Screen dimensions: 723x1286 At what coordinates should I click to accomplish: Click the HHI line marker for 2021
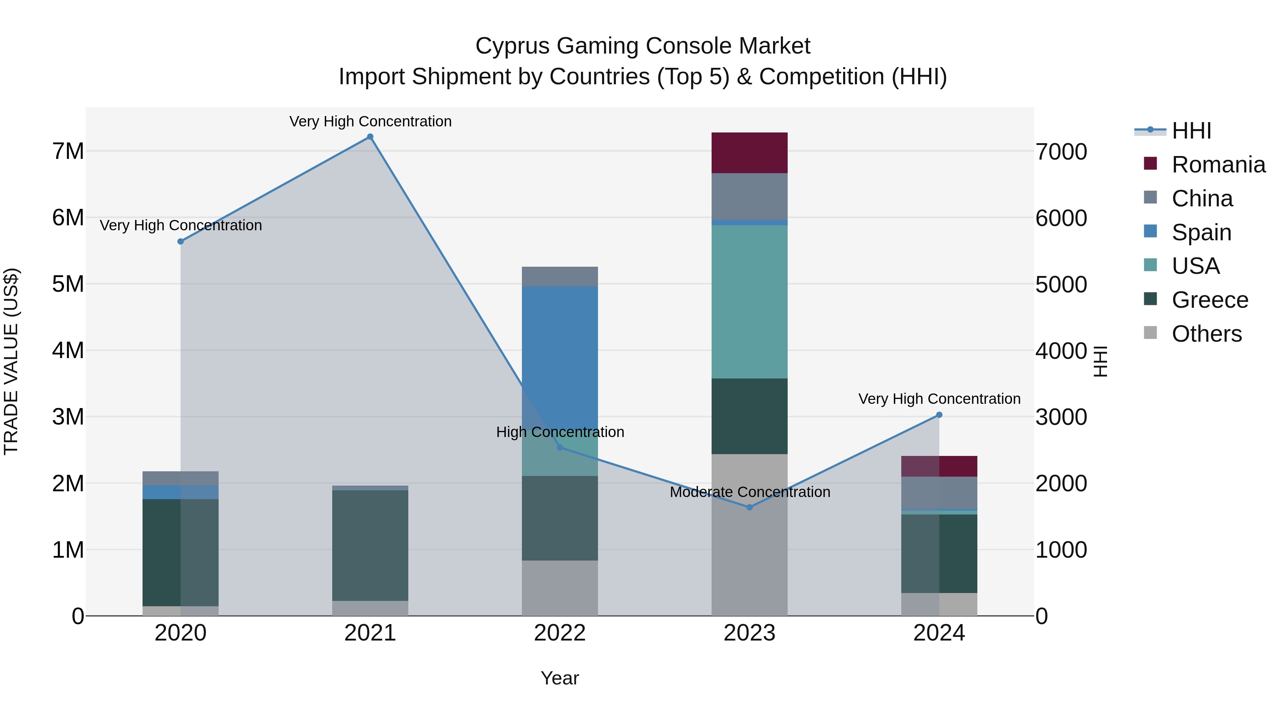pos(370,137)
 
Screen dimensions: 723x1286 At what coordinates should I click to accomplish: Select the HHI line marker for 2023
pos(749,507)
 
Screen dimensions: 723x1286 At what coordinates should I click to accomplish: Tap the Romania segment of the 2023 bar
pos(749,153)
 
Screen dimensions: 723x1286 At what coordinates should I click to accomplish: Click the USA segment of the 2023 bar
pos(749,301)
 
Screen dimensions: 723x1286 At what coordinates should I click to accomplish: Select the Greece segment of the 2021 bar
pos(370,545)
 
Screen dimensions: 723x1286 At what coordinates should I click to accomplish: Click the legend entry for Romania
pos(1218,165)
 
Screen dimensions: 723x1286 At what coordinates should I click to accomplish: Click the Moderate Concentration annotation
pos(750,492)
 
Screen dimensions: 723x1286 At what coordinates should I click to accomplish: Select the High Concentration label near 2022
pos(560,432)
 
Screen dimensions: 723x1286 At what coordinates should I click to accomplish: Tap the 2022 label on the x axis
pos(560,633)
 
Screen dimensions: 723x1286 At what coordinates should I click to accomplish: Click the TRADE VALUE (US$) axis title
pos(11,361)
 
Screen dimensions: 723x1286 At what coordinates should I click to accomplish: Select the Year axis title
pos(560,678)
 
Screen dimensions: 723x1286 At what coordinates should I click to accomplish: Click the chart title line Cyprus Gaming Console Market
pos(643,46)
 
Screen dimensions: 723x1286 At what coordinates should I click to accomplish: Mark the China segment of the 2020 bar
pos(180,478)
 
